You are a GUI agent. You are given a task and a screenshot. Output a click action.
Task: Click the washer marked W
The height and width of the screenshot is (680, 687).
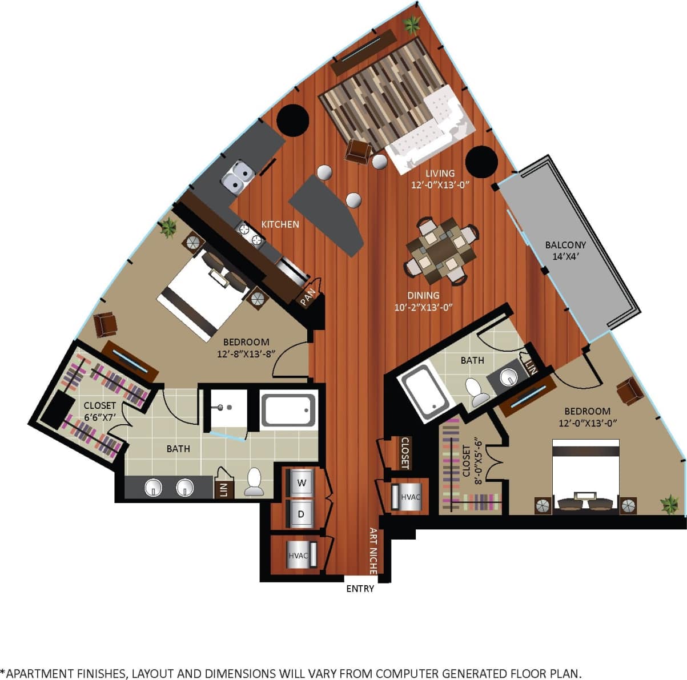tap(302, 483)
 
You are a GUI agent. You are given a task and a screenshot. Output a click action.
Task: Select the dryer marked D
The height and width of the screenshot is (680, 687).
tap(302, 514)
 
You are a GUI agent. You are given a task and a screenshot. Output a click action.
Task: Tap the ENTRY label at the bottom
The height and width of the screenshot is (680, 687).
tap(360, 589)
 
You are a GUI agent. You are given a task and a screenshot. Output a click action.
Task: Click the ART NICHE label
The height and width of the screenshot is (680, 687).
tap(373, 550)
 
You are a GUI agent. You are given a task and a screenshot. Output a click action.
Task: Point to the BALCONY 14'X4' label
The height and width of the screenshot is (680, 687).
tap(565, 250)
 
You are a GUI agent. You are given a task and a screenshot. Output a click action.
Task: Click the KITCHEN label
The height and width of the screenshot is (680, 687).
tap(280, 224)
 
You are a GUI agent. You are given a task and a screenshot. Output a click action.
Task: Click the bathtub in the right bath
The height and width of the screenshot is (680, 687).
tap(425, 394)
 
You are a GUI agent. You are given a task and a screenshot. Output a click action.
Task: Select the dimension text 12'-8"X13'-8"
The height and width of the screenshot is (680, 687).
tap(246, 353)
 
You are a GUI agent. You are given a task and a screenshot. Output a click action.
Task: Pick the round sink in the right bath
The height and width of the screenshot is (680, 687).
tap(508, 377)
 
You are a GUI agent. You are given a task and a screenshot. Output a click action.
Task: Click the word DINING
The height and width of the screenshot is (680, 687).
tap(423, 295)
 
